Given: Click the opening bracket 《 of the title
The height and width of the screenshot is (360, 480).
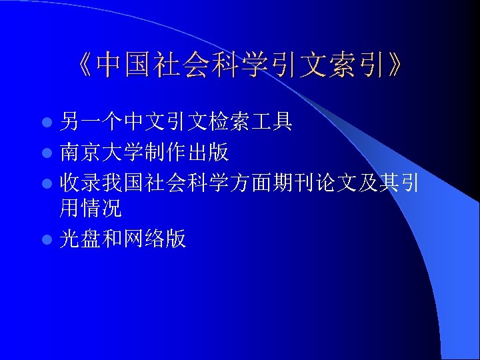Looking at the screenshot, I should click(x=83, y=66).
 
